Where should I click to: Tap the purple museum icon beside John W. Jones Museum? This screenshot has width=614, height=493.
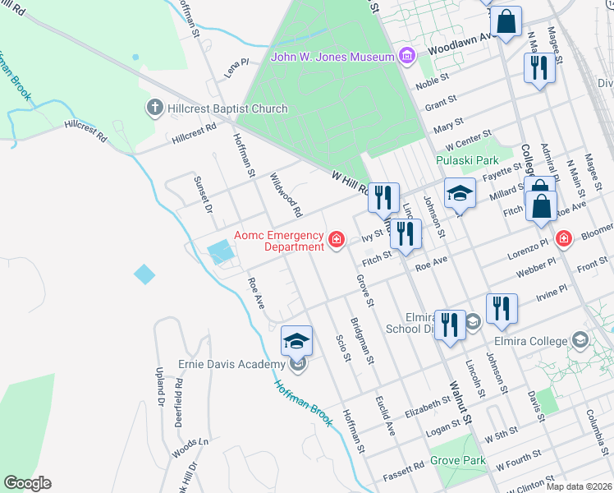(406, 56)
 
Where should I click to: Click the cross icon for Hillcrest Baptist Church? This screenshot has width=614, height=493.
(153, 108)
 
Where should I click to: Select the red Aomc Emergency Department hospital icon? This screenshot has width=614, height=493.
(336, 240)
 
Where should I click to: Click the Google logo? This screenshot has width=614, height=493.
(27, 483)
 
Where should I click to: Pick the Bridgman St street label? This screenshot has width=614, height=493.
(362, 340)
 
